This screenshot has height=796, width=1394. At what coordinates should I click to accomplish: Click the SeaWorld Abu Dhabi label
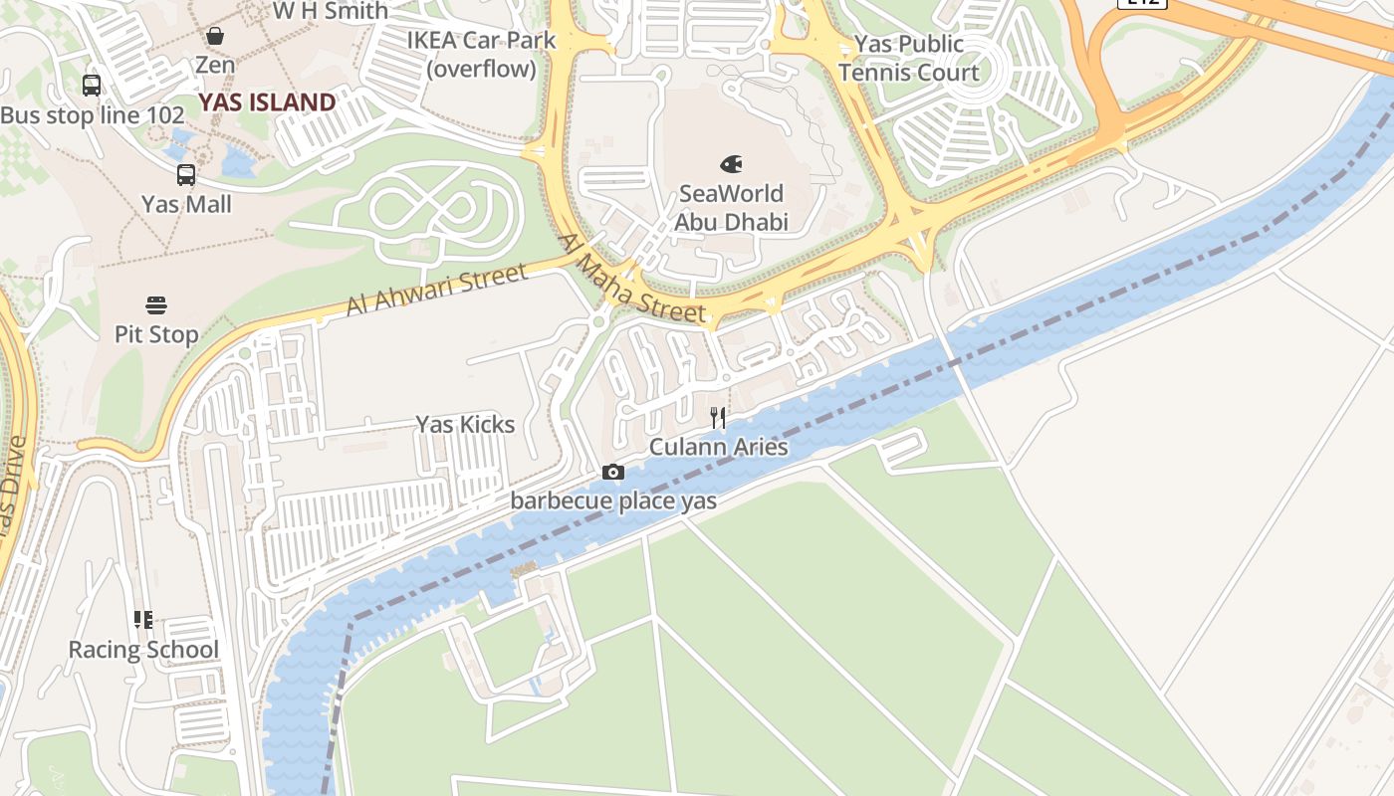pos(731,207)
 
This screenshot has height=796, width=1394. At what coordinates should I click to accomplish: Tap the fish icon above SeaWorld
pos(731,164)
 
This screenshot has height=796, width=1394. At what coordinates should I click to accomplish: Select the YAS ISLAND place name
pos(267,102)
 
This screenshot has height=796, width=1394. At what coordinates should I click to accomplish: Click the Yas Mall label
pos(186,205)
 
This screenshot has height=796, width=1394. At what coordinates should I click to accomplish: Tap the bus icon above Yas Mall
pos(186,175)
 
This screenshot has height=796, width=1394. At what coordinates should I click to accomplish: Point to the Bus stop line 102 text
pos(93,115)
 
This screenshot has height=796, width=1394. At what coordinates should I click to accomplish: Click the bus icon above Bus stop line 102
pos(92,86)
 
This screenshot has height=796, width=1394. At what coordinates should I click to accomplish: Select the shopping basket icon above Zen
pos(215,37)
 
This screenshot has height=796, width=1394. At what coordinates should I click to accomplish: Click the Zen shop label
pos(215,66)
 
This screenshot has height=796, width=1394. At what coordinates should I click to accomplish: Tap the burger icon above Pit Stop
pos(156,304)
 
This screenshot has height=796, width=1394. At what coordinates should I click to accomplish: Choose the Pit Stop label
pos(156,334)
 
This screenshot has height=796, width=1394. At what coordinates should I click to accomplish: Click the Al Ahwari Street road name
pos(436,290)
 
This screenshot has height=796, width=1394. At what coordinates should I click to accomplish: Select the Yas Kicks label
pos(465,425)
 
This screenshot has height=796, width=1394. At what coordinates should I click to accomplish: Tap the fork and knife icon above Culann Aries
pos(718,418)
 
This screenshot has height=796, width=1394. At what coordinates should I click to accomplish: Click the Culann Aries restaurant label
pos(718,448)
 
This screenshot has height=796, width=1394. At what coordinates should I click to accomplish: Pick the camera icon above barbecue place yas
pos(613,473)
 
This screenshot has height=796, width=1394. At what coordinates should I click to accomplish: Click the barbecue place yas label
pos(613,501)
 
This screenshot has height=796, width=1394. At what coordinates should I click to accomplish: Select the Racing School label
pos(143,651)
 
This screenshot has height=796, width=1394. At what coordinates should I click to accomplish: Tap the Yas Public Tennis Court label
pos(908,58)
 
